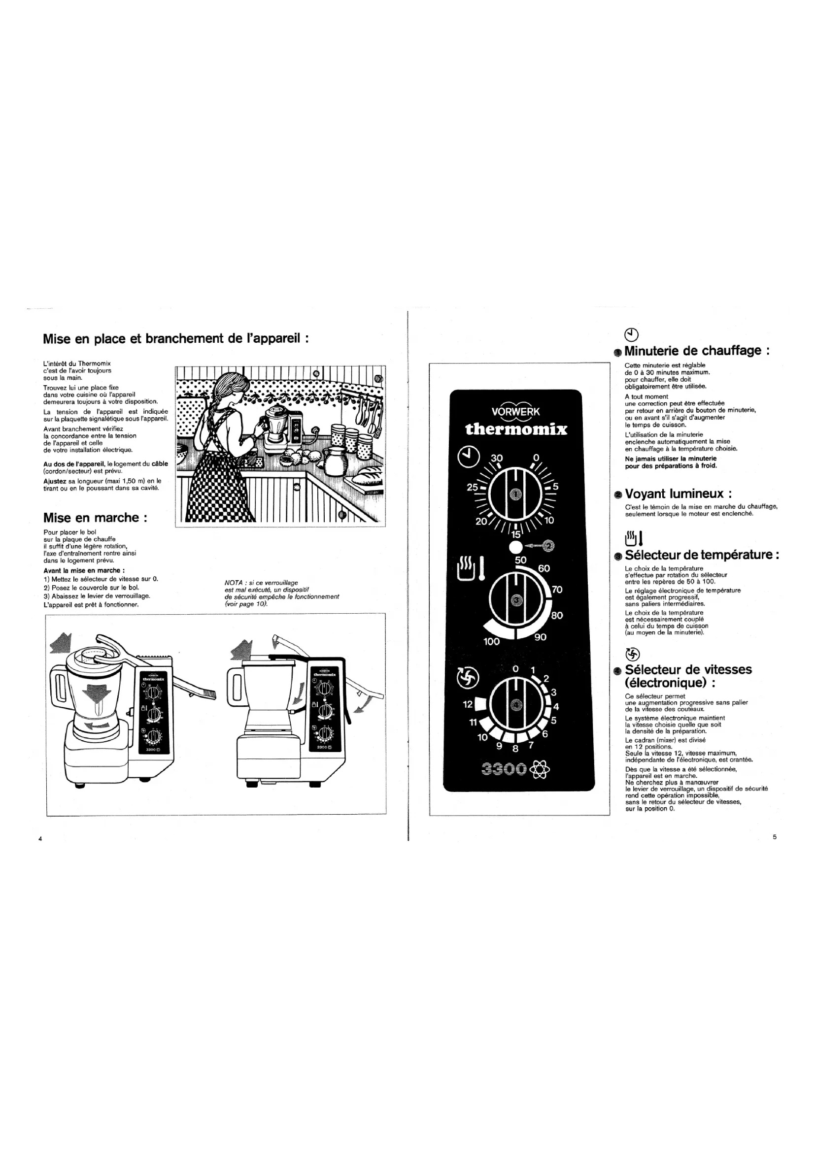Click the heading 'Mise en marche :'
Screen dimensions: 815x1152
(x=96, y=518)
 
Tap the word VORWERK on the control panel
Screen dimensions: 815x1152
(x=515, y=412)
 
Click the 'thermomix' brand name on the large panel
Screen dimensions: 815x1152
(x=516, y=429)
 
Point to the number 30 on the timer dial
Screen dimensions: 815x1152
(x=496, y=458)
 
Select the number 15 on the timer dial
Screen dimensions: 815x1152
(x=516, y=535)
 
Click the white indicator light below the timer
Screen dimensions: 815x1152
(x=515, y=546)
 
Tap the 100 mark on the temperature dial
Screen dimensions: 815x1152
(x=491, y=641)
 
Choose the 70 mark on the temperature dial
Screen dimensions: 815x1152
(x=557, y=590)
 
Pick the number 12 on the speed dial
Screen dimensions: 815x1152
(x=467, y=704)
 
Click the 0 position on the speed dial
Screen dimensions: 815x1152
(x=515, y=669)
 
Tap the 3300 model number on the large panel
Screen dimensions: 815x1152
(x=504, y=769)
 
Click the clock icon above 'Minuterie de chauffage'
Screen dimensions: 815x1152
(x=632, y=334)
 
